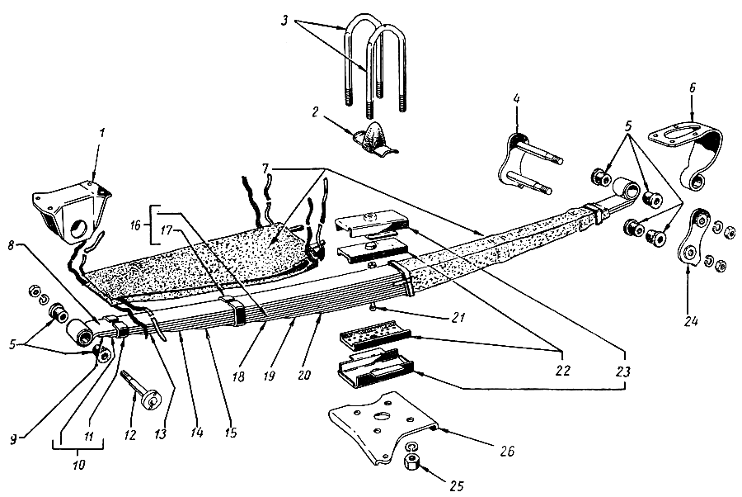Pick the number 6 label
point(692,88)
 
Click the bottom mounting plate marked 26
point(382,434)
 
